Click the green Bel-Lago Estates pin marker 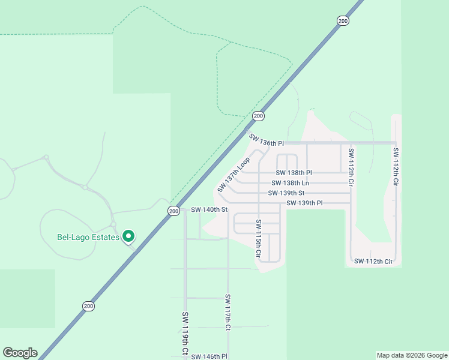tap(128, 236)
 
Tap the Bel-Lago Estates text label tap(88, 236)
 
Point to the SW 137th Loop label tap(234, 175)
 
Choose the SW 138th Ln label tap(290, 183)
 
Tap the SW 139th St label tap(288, 193)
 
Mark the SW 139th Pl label tap(304, 203)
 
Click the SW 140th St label tap(209, 210)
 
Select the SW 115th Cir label tap(258, 238)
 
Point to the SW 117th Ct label tap(228, 313)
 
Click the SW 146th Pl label tap(209, 356)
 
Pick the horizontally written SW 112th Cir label tap(373, 261)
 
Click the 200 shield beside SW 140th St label tap(173, 211)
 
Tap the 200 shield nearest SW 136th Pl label tap(258, 116)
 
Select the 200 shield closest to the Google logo tap(89, 306)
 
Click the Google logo tap(20, 353)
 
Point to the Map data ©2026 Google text tap(412, 355)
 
